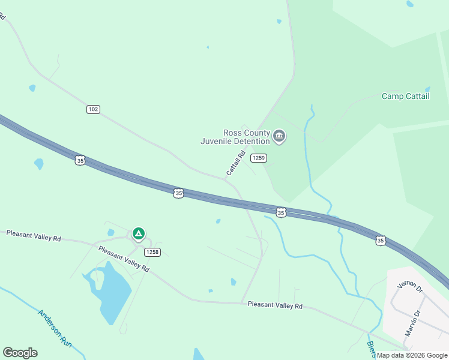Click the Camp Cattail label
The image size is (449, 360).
coord(406,96)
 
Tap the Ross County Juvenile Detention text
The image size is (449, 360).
coord(236,137)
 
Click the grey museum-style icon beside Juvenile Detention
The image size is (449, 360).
coord(279,137)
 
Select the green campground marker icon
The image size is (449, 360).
coord(138,233)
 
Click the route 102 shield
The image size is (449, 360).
coord(93,109)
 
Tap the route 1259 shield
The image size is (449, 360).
coord(258,158)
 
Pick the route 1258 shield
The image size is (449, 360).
coord(152,252)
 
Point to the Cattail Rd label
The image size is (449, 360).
coord(236,163)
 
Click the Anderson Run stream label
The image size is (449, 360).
coord(55,328)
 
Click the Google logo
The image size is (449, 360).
coord(20,353)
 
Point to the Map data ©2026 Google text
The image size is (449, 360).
coord(412,355)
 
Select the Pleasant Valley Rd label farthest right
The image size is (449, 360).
coord(275,305)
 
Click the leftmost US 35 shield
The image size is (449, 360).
coord(80,160)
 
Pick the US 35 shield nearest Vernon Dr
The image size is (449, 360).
coord(381,240)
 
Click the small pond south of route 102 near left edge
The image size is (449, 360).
coord(39,163)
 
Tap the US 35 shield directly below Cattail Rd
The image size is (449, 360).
coord(178,193)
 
